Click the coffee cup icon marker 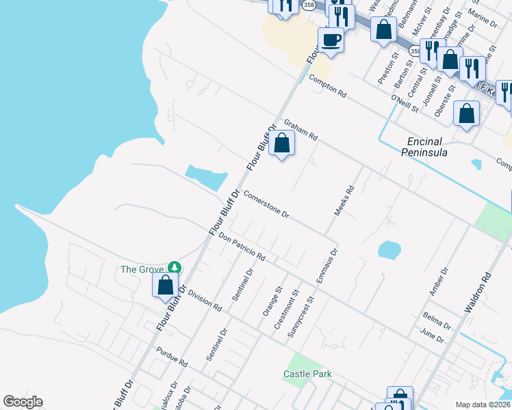click(x=331, y=40)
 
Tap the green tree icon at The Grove click(x=175, y=267)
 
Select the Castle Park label click(x=307, y=374)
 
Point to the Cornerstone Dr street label click(x=266, y=204)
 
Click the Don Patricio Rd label click(x=242, y=246)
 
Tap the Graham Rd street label click(x=301, y=128)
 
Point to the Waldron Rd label click(x=478, y=294)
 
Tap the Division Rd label click(x=205, y=301)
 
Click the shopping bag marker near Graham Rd click(x=281, y=143)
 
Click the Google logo click(x=23, y=402)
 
